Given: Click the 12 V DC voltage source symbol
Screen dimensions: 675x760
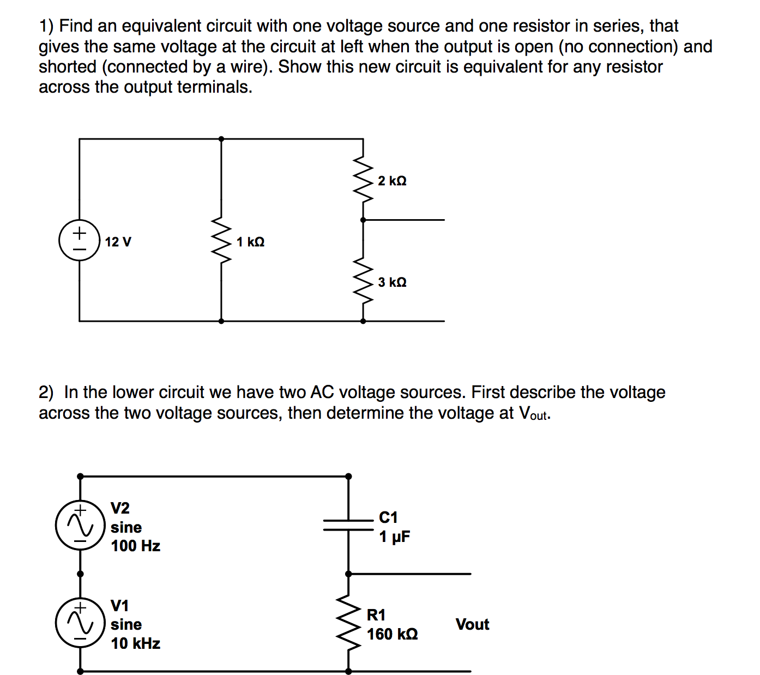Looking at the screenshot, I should coord(80,240).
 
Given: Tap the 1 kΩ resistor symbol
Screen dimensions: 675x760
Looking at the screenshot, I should coord(221,240).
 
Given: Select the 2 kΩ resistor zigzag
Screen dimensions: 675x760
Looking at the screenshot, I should coord(363,180).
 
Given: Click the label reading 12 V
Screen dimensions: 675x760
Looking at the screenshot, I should coord(118,242).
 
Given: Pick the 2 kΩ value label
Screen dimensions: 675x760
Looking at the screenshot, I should coord(392,180).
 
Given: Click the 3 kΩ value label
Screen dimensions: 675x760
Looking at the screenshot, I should coord(392,282).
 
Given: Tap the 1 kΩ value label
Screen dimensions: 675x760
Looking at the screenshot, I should coord(250,242).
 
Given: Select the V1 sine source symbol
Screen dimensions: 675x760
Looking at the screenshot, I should coord(80,623).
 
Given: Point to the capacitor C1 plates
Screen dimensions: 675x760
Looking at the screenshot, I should coord(348,525).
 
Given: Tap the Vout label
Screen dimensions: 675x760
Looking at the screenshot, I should coord(472,624).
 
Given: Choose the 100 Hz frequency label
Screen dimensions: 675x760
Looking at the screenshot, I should coord(135,546).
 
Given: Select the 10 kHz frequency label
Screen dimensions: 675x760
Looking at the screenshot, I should coord(135,643).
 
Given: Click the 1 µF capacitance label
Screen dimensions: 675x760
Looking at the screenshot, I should coord(394,537).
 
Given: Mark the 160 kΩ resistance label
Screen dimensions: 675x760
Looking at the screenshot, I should coord(392,634).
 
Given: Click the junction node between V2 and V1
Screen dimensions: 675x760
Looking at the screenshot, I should coord(80,574).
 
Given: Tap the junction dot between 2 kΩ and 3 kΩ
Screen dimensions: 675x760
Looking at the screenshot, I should coord(363,220).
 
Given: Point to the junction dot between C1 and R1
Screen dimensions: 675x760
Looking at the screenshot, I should coord(348,574).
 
